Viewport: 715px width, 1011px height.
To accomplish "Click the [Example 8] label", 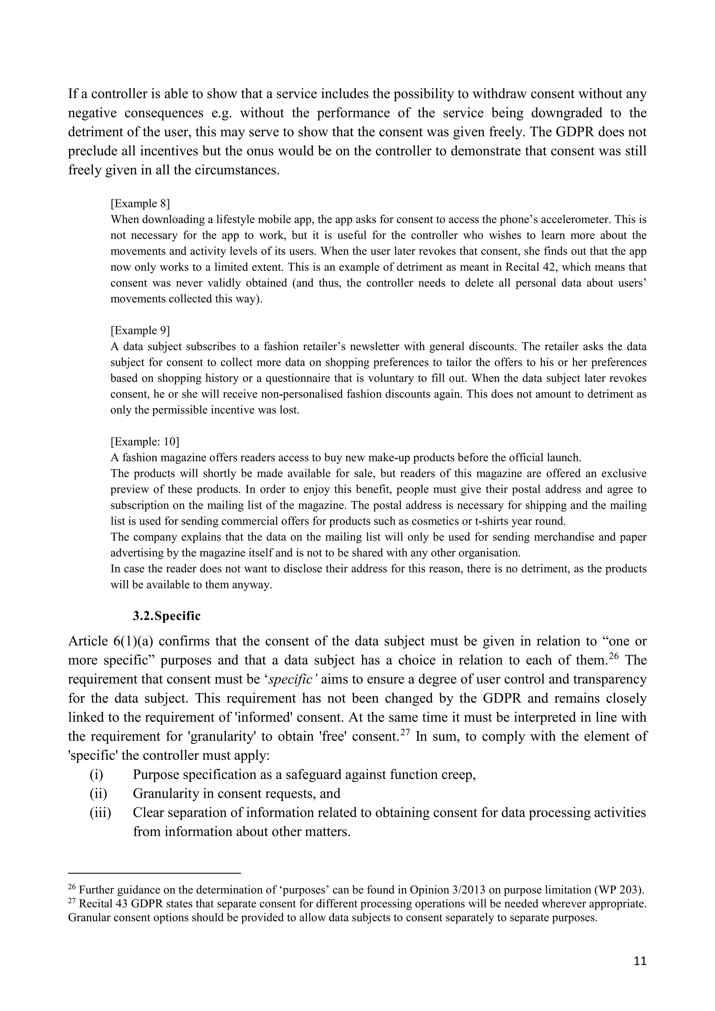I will coord(140,204).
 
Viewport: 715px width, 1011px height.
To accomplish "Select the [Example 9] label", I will coord(140,330).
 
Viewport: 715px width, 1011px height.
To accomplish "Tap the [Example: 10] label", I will coord(145,441).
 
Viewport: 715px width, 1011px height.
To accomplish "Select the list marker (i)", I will coord(96,774).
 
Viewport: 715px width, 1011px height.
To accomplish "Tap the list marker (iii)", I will coord(101,812).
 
